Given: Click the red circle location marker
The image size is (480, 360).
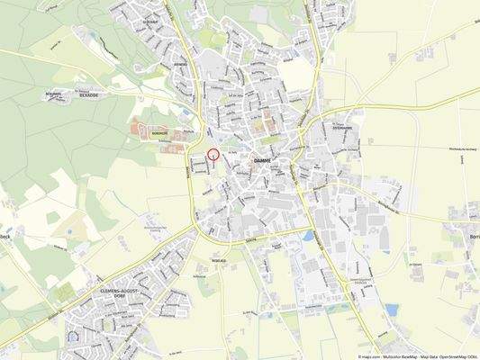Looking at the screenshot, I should point(213,154).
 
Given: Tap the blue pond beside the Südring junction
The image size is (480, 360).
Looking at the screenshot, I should point(310,236).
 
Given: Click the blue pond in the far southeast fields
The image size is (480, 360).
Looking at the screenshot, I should point(391,309).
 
